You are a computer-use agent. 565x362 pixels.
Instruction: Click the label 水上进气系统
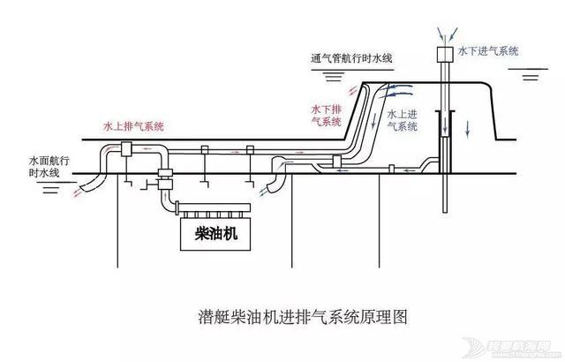(403, 118)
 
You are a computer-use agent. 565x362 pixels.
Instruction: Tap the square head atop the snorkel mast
(443, 55)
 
